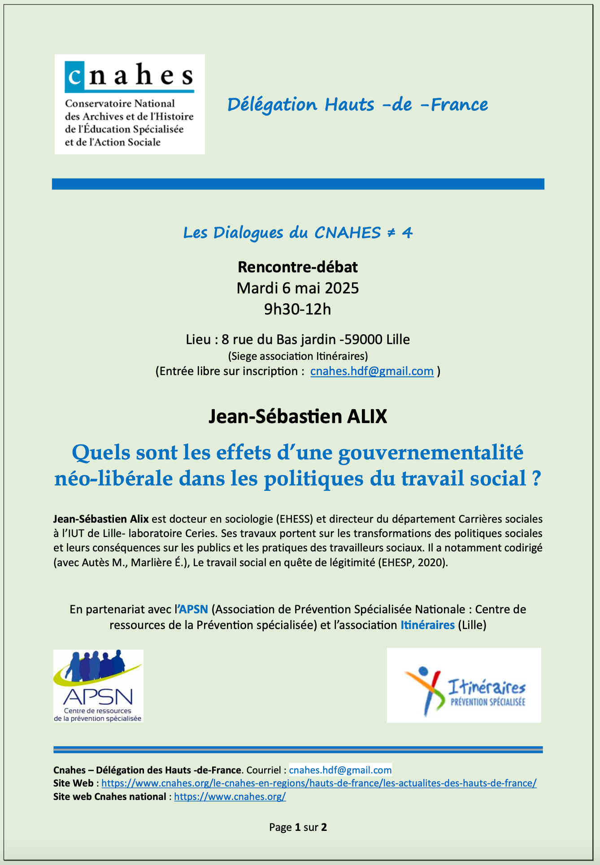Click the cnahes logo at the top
click(x=130, y=104)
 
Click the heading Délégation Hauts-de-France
click(x=357, y=105)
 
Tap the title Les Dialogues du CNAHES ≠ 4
click(x=297, y=232)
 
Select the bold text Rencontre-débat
click(x=297, y=267)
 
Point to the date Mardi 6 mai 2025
click(x=297, y=288)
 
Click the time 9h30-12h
click(x=297, y=309)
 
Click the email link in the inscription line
click(x=372, y=371)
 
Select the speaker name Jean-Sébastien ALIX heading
click(x=297, y=416)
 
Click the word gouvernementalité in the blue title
click(x=430, y=452)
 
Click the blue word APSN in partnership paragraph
click(x=193, y=609)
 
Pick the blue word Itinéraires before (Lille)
click(x=427, y=625)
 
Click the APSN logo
click(x=98, y=686)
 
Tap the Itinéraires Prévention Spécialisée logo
click(x=464, y=685)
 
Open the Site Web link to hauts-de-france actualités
click(x=319, y=783)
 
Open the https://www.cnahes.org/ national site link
click(x=230, y=797)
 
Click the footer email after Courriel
click(x=340, y=770)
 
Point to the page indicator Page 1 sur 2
click(x=298, y=827)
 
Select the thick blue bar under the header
click(x=298, y=184)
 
